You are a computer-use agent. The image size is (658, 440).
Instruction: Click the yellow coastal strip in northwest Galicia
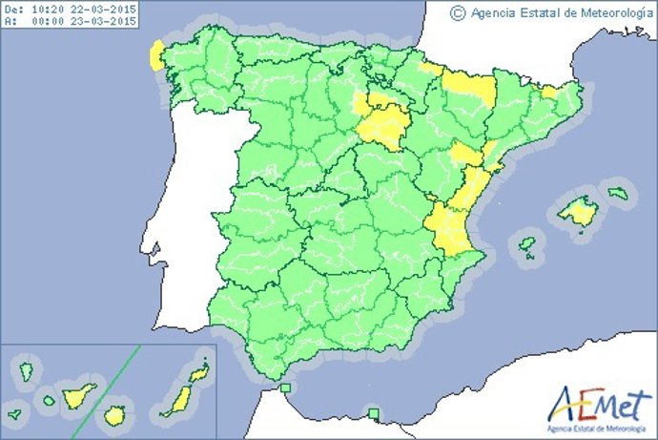point(154,56)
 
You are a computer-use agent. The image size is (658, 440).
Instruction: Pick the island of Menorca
point(619,194)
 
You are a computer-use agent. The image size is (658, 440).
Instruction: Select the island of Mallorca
point(577,211)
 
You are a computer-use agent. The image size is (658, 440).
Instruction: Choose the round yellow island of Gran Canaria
point(115,415)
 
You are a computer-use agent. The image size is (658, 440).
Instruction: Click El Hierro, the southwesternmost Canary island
point(14,416)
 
